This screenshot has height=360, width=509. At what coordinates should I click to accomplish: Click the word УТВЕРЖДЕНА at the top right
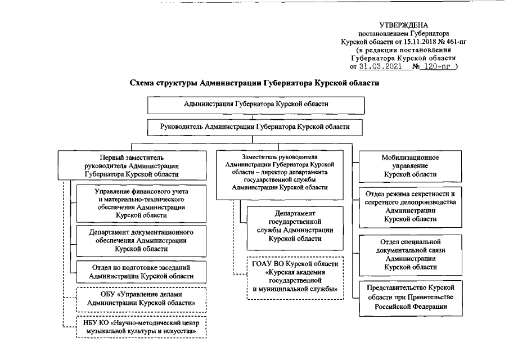(x=403, y=25)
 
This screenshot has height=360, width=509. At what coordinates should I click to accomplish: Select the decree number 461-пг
(x=454, y=42)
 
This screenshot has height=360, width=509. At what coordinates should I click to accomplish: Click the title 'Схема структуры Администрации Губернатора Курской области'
(x=254, y=83)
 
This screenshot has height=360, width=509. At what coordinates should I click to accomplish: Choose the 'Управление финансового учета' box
(x=141, y=203)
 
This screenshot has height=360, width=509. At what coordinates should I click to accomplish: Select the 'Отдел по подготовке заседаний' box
(x=141, y=272)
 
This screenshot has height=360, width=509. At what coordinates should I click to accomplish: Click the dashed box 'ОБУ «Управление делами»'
(x=141, y=298)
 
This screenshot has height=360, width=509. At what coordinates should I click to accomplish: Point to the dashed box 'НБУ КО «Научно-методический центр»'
(x=141, y=327)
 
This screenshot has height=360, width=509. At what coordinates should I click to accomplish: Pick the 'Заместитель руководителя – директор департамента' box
(x=279, y=172)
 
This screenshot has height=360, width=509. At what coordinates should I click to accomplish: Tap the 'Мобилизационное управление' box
(x=410, y=166)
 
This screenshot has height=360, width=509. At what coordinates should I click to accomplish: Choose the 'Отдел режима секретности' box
(x=410, y=205)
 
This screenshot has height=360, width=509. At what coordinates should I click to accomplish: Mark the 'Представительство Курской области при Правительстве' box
(x=410, y=296)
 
